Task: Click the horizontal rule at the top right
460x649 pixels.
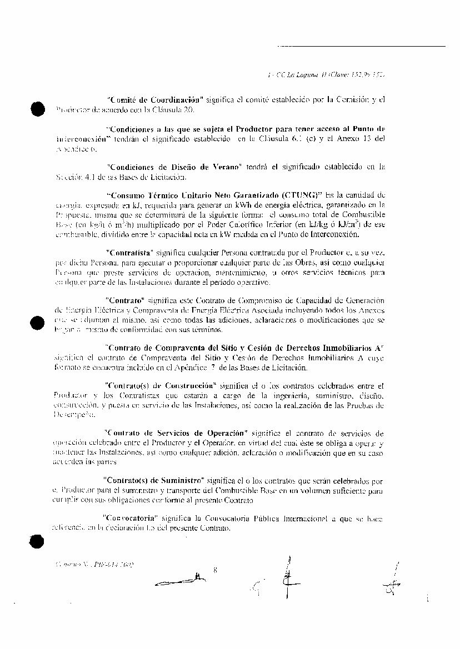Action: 361,46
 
